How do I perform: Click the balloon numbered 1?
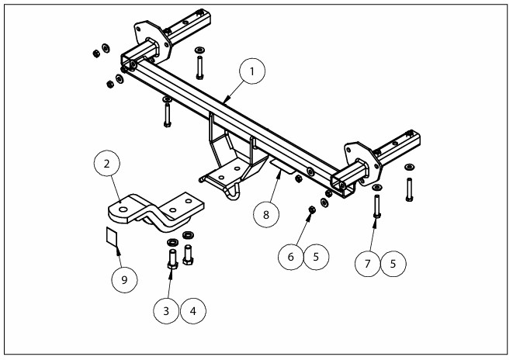(251, 72)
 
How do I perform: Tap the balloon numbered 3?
(166, 311)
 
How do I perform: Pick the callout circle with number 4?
(193, 311)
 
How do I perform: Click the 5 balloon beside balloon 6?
(316, 256)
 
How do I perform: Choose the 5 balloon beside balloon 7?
(393, 263)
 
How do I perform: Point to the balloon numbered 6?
(290, 256)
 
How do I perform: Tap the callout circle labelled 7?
(367, 263)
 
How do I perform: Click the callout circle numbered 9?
(124, 279)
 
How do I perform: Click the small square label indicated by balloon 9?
(112, 237)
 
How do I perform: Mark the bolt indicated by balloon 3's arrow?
(172, 257)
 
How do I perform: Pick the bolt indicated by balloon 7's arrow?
(377, 206)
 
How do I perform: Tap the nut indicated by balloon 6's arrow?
(310, 209)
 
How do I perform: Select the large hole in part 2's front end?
(123, 208)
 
